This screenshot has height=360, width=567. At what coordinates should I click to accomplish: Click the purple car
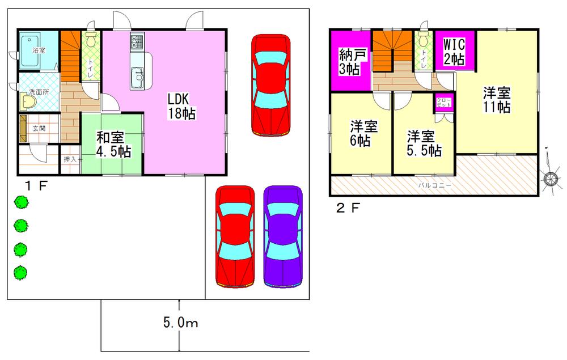click(x=282, y=238)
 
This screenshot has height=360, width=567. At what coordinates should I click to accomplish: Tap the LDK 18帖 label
click(x=181, y=105)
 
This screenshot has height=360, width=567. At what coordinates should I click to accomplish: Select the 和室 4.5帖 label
click(x=113, y=144)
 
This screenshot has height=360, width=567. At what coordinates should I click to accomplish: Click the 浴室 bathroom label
click(x=39, y=51)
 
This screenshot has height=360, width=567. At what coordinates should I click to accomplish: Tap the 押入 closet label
click(x=70, y=159)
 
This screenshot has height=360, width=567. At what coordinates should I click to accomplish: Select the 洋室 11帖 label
click(x=497, y=99)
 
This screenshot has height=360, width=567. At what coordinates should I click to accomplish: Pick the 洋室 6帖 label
click(x=361, y=133)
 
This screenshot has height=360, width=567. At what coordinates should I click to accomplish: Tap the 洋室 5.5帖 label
click(x=424, y=143)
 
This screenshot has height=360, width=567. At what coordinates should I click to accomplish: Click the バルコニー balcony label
click(x=435, y=185)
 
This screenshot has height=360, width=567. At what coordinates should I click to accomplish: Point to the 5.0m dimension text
click(x=180, y=324)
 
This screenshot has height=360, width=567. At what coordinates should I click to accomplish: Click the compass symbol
click(x=551, y=179)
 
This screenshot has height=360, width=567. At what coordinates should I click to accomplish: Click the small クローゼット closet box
click(x=442, y=104)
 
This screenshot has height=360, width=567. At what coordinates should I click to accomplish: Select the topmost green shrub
click(x=21, y=201)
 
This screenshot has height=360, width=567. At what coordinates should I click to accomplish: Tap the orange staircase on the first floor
click(x=71, y=54)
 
